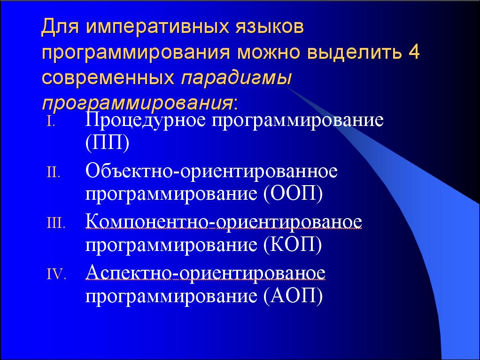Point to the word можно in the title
[268, 52]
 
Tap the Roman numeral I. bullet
[51, 121]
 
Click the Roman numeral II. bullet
[54, 173]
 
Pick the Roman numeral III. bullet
[56, 223]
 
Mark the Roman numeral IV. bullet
[56, 274]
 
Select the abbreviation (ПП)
[107, 143]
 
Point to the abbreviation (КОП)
[292, 244]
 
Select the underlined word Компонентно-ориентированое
[224, 221]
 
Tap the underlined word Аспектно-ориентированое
[205, 273]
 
